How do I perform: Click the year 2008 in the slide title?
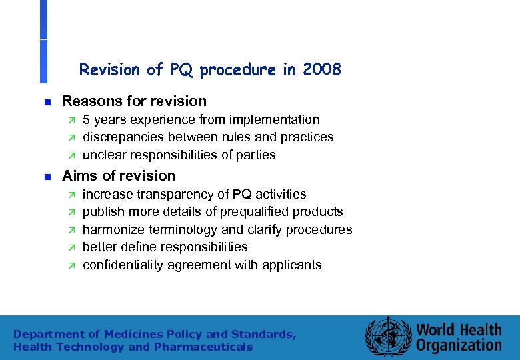(321, 69)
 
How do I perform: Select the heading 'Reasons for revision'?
(134, 101)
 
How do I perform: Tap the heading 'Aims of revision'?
(119, 176)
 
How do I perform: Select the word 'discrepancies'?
(121, 137)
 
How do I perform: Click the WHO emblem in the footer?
(387, 337)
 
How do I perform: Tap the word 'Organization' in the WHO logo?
(459, 345)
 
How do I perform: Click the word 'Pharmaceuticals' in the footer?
(203, 347)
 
